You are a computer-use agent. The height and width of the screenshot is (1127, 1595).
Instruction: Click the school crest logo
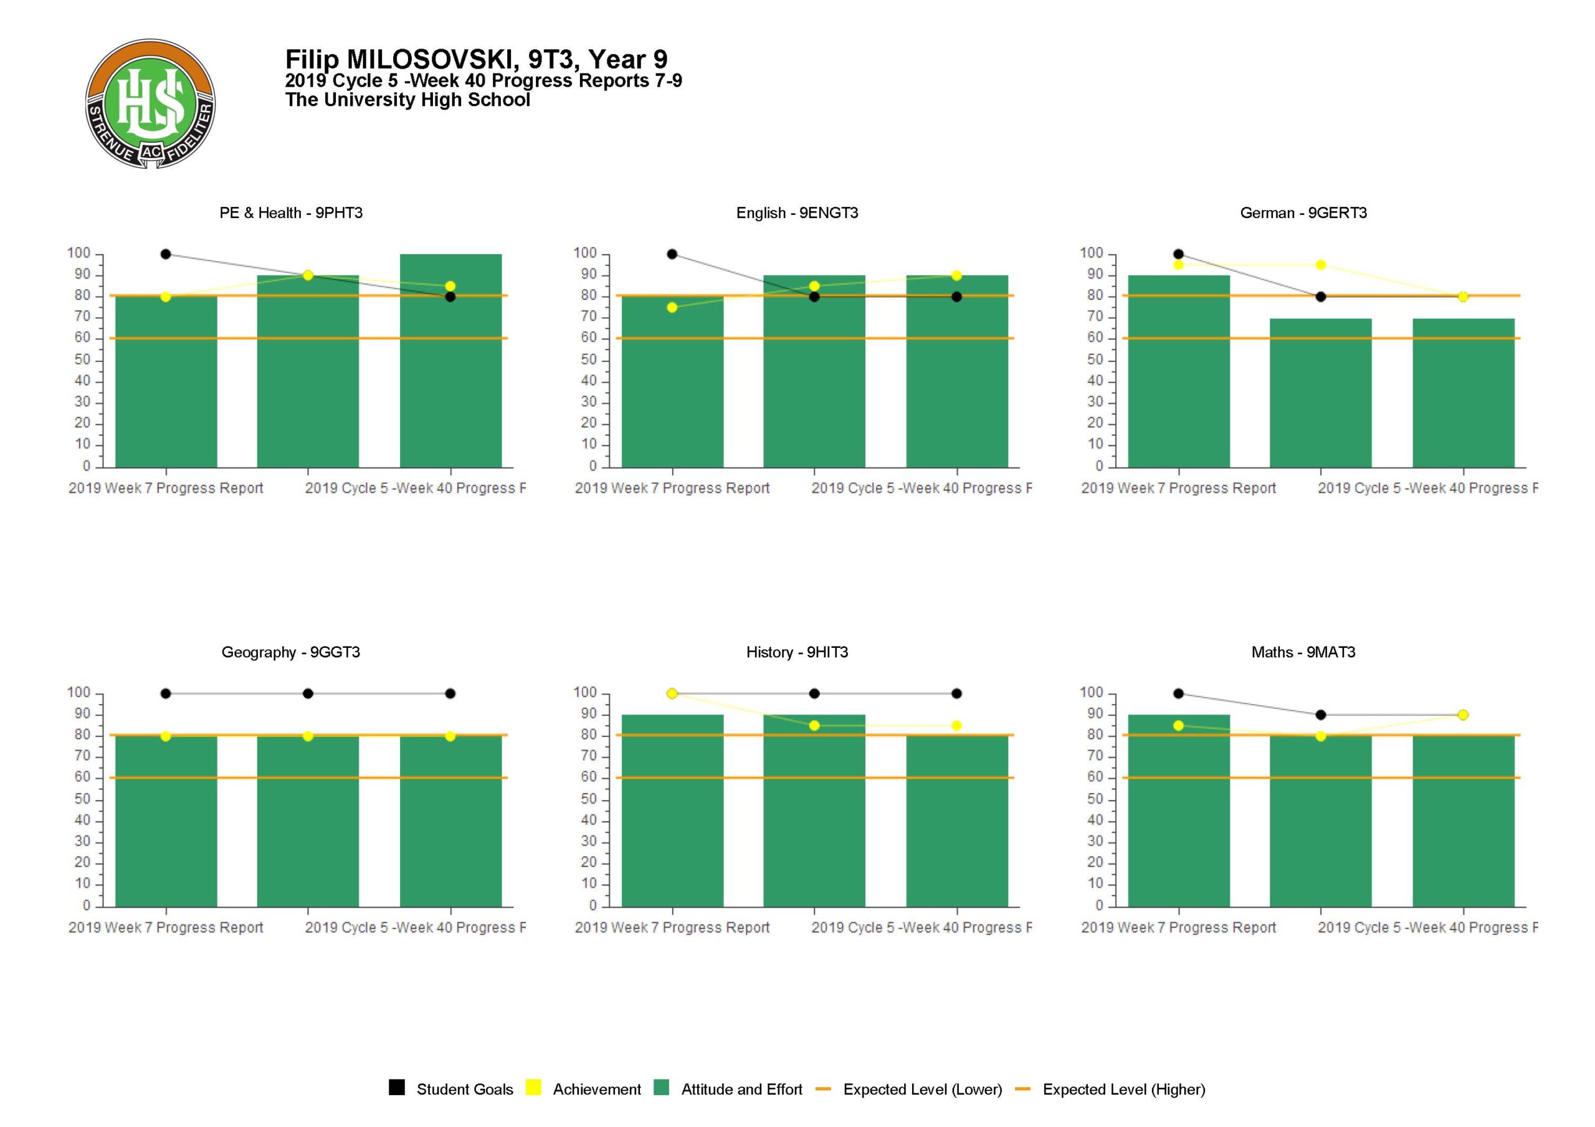150,103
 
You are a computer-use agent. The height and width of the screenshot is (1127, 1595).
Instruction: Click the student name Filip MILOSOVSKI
400,60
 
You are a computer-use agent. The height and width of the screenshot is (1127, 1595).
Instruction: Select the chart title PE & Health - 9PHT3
291,213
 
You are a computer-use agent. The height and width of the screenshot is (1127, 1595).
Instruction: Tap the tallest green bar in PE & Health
450,361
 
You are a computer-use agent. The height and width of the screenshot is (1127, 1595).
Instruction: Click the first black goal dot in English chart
672,254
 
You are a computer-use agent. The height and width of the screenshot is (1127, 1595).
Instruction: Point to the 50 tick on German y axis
1095,360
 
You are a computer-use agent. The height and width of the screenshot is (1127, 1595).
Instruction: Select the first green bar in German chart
1178,372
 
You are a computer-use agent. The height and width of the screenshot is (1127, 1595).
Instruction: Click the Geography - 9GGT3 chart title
291,652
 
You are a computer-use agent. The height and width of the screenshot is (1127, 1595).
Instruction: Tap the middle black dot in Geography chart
308,693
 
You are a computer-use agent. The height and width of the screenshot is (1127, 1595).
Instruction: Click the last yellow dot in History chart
956,725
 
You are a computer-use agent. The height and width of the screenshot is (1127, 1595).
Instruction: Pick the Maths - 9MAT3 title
1303,652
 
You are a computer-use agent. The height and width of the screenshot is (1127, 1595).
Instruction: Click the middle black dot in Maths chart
1321,715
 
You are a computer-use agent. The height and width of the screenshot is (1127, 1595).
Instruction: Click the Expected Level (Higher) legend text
1123,1090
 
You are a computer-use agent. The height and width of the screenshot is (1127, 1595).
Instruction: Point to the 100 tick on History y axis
585,693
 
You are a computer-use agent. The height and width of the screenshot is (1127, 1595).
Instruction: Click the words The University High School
407,100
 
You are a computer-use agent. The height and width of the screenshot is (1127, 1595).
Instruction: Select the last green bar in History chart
956,821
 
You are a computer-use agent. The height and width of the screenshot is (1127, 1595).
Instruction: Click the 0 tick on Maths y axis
1100,905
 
